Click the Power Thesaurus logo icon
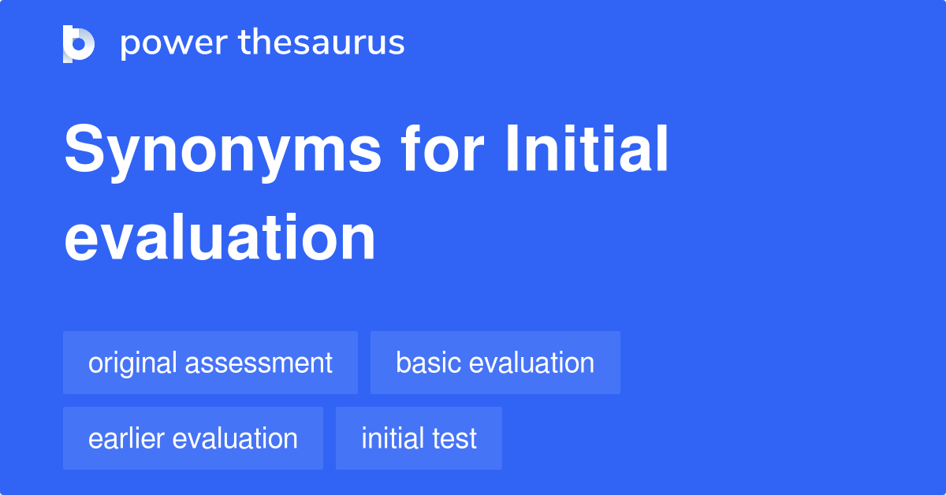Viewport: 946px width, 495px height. pyautogui.click(x=79, y=43)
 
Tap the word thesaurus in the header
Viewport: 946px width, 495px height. pyautogui.click(x=322, y=43)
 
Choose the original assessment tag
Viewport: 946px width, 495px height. pyautogui.click(x=210, y=363)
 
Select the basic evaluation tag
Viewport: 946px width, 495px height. pyautogui.click(x=495, y=363)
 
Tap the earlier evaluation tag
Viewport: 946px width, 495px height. pyautogui.click(x=193, y=438)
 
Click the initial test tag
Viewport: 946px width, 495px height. pyautogui.click(x=419, y=438)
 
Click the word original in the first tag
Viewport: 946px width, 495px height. pyautogui.click(x=132, y=363)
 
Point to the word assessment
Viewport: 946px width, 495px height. pyautogui.click(x=259, y=363)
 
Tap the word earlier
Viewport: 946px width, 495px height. pyautogui.click(x=129, y=438)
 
